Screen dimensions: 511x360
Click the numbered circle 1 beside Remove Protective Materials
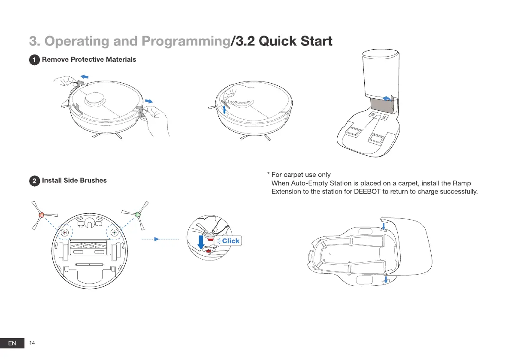pyautogui.click(x=35, y=60)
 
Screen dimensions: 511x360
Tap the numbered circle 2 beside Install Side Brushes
pyautogui.click(x=35, y=181)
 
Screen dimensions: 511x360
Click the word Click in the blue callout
pyautogui.click(x=231, y=241)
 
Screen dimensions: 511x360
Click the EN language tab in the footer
pyautogui.click(x=12, y=343)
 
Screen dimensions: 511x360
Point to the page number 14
pyautogui.click(x=32, y=343)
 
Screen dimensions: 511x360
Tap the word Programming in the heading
pyautogui.click(x=186, y=41)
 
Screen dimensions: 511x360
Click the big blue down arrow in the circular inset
pyautogui.click(x=201, y=242)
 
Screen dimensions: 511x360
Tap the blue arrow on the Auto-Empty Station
pyautogui.click(x=387, y=98)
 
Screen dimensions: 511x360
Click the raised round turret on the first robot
pyautogui.click(x=95, y=99)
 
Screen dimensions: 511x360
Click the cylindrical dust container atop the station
pyautogui.click(x=381, y=74)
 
